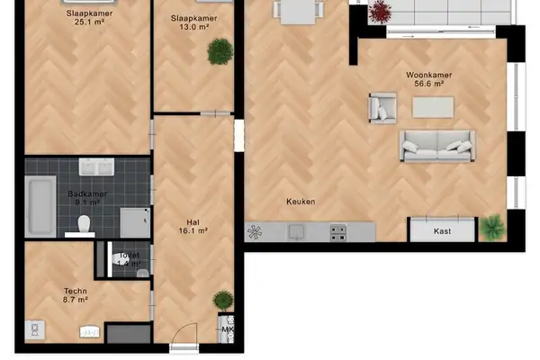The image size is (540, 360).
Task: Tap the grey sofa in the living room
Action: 436,146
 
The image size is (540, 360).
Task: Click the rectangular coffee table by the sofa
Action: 434,107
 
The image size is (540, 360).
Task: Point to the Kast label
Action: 442,231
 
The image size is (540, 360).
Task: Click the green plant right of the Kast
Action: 491,227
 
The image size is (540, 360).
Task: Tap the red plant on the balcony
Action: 381,12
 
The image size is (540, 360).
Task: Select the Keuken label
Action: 301,202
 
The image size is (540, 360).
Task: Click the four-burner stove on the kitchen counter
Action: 338,232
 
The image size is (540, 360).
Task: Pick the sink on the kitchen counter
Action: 297,232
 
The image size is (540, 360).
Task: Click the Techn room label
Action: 76,291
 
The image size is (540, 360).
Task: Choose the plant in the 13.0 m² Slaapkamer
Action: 219,52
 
